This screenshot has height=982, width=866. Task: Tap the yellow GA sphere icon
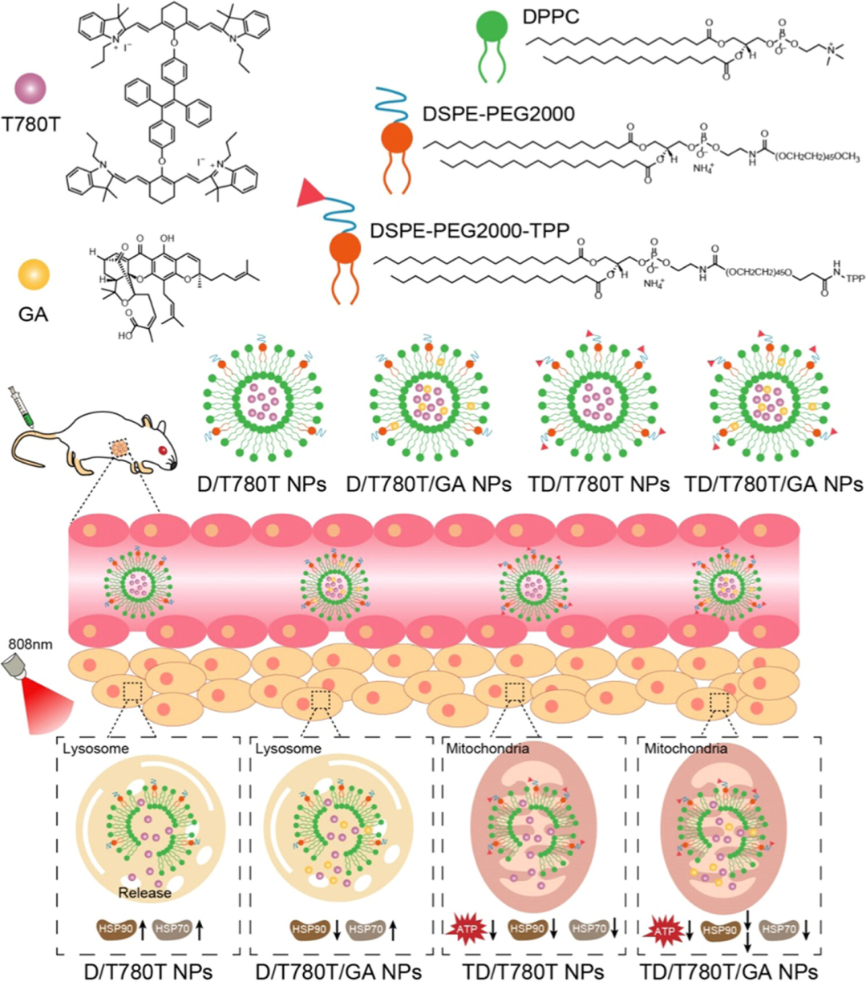click(34, 275)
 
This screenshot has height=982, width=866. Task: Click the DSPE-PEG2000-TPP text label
click(470, 231)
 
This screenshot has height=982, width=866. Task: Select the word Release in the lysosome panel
click(144, 892)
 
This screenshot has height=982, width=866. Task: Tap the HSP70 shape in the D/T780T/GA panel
click(366, 928)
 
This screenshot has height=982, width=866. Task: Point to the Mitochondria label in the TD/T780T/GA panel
click(686, 749)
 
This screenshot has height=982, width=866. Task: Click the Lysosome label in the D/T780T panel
click(95, 749)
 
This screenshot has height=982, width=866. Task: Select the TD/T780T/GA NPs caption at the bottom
click(728, 971)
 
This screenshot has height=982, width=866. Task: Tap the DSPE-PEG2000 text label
click(499, 114)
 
